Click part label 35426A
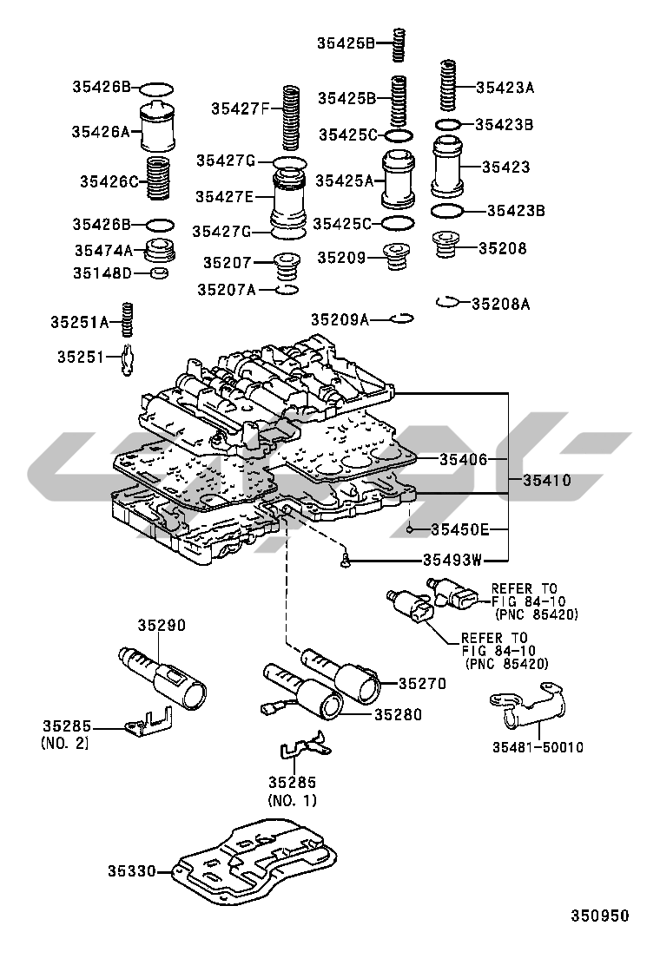(x=100, y=132)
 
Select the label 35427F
(x=240, y=108)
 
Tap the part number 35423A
(x=505, y=87)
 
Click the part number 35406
(x=464, y=459)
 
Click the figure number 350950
(x=599, y=916)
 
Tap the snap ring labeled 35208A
(x=445, y=301)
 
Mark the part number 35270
(x=422, y=684)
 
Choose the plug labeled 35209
(x=399, y=258)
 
